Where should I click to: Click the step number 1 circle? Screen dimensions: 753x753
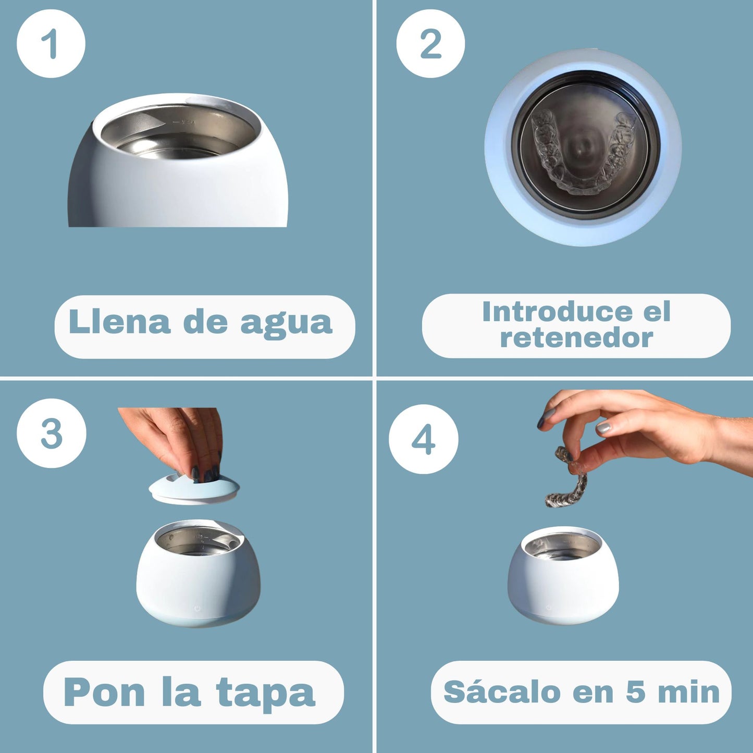[x=51, y=44]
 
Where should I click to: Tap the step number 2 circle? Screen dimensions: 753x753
[x=430, y=44]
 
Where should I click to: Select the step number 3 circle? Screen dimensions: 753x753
[x=51, y=433]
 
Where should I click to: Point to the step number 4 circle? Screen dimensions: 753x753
[x=423, y=439]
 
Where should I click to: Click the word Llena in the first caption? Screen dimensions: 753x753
[x=119, y=322]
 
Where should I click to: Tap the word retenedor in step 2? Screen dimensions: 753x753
[x=576, y=338]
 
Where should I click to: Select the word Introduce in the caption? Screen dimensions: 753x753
[x=556, y=312]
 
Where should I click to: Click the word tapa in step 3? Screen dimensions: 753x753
[x=265, y=694]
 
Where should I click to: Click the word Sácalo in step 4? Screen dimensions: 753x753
[x=502, y=692]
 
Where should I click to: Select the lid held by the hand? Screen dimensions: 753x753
[x=194, y=490]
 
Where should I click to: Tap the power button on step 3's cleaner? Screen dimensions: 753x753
[x=197, y=608]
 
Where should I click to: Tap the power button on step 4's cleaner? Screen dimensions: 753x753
[x=548, y=608]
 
